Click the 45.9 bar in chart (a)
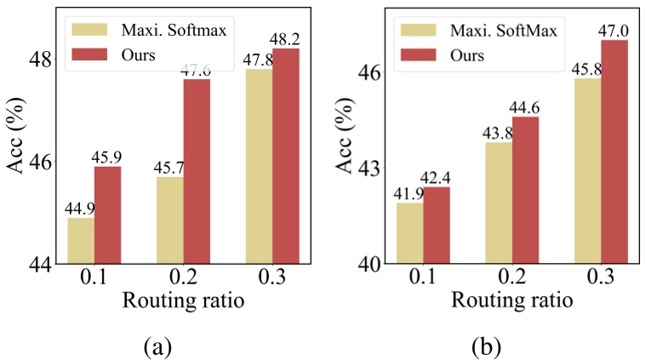click(x=107, y=214)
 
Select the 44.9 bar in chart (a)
click(x=81, y=240)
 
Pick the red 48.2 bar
click(x=286, y=156)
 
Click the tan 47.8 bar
click(x=259, y=166)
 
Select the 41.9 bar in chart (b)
click(x=410, y=232)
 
